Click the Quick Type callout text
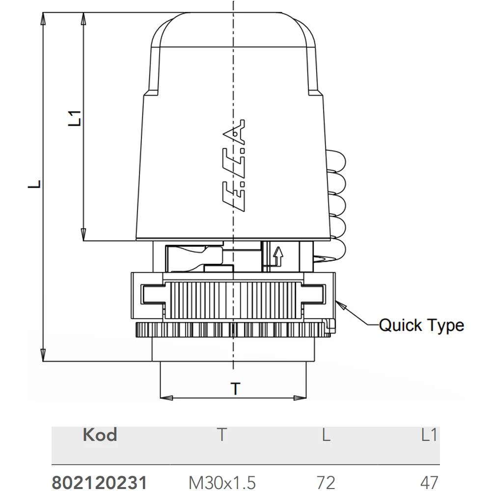[421, 326]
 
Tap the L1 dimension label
[75, 118]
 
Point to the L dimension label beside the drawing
[34, 184]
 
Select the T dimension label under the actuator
[235, 388]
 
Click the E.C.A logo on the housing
[234, 165]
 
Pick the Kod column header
[100, 435]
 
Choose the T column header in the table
[222, 435]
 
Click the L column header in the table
[326, 435]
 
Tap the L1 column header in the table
[429, 435]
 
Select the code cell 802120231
[99, 483]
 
